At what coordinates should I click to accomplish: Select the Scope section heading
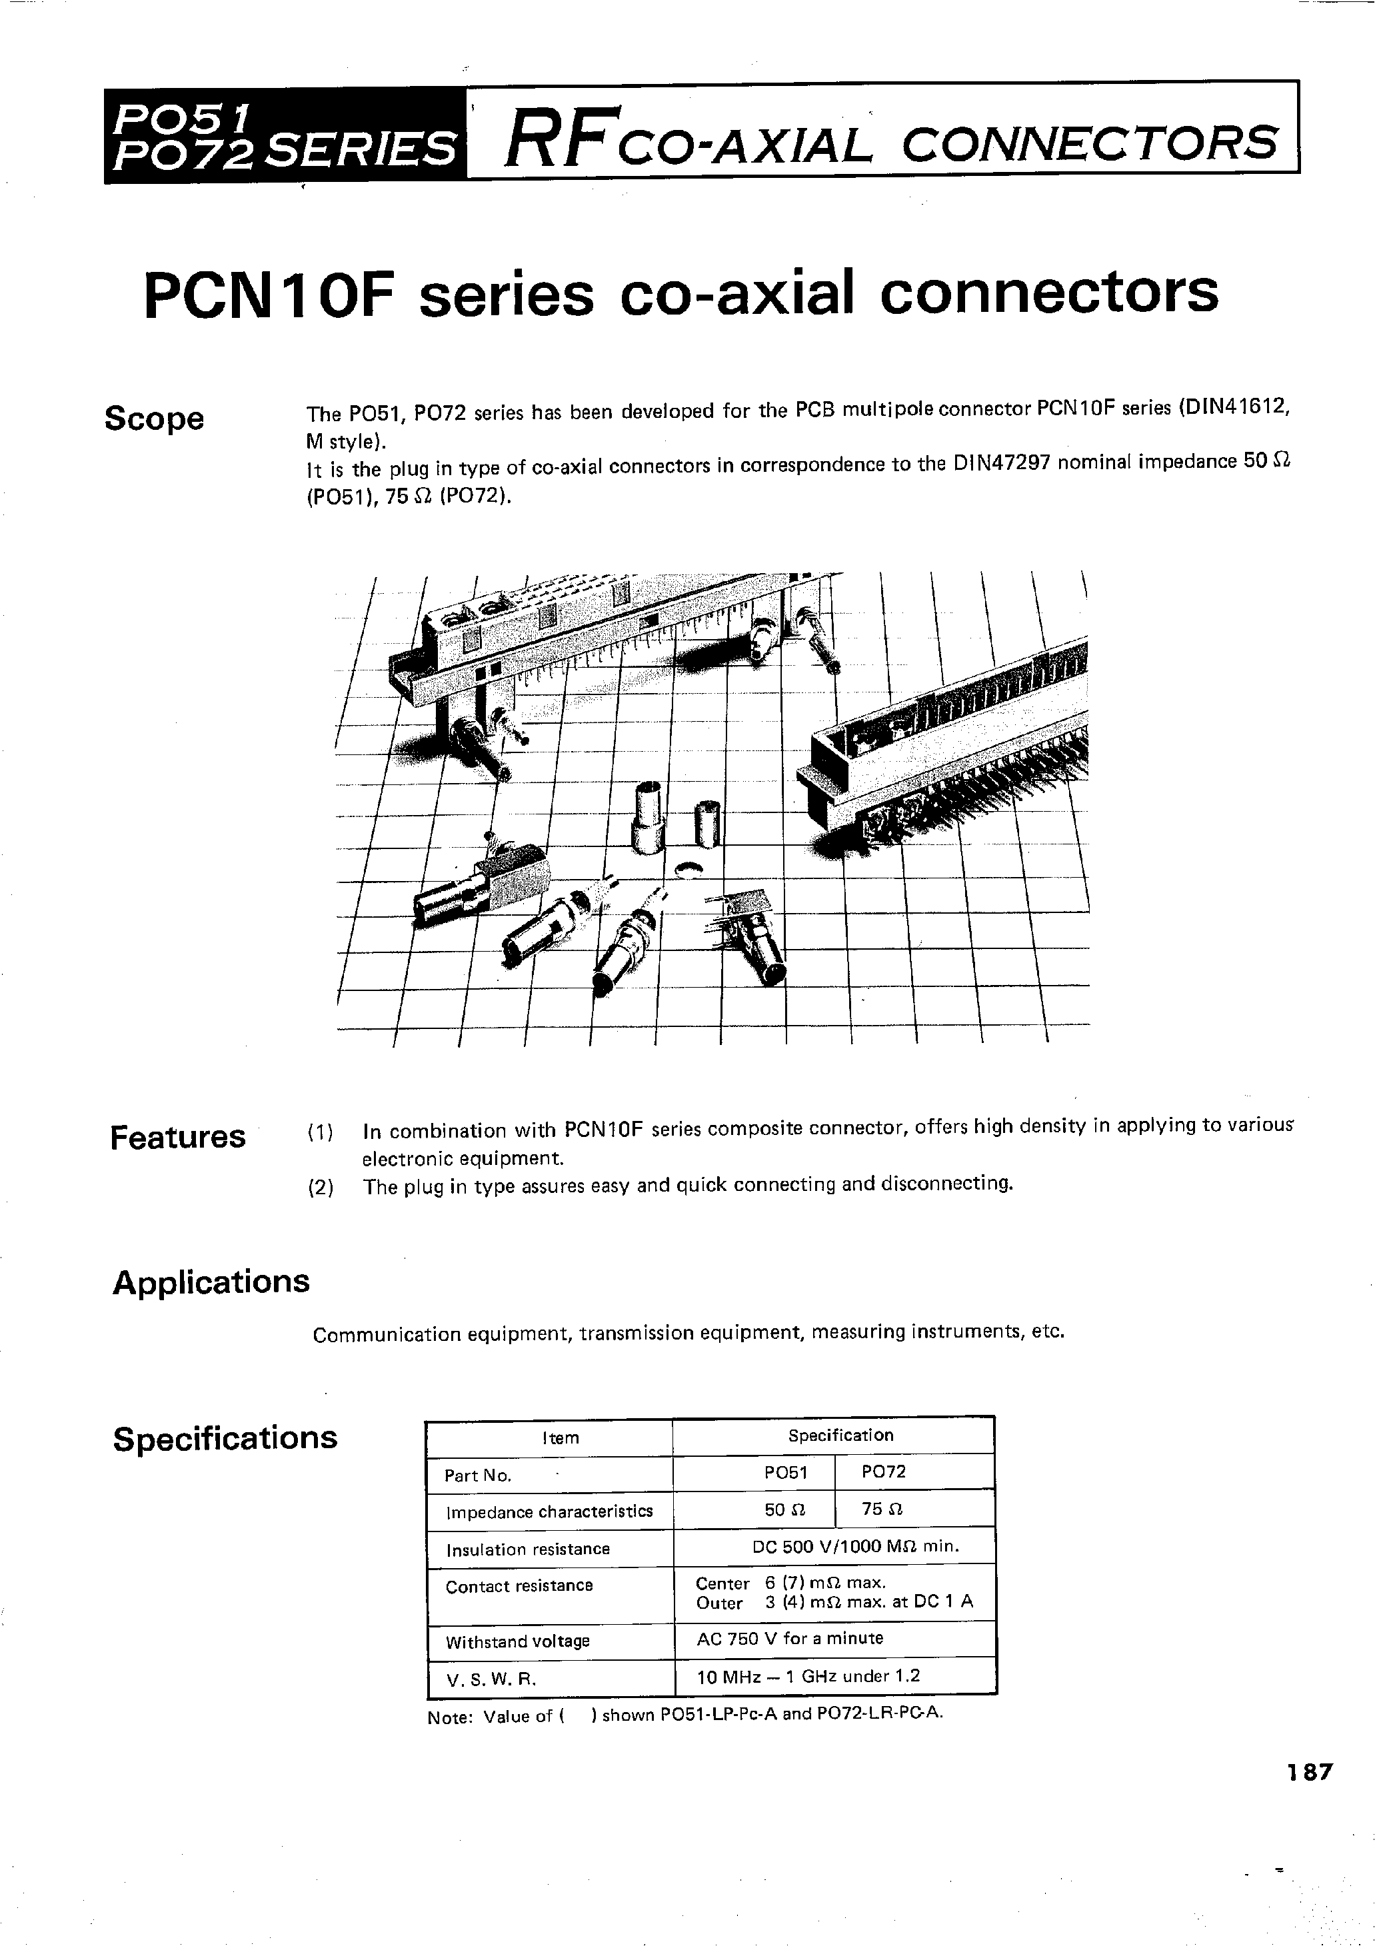(154, 419)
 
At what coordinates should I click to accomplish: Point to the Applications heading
(211, 1282)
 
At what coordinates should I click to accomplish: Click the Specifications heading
(225, 1438)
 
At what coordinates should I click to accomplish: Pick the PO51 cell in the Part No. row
(786, 1473)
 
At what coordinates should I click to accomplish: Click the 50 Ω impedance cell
(786, 1509)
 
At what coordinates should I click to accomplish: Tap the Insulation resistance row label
(528, 1549)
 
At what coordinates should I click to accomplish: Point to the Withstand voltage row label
(517, 1641)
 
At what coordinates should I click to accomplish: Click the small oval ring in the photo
(688, 870)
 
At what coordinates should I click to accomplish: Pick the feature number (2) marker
(321, 1188)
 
